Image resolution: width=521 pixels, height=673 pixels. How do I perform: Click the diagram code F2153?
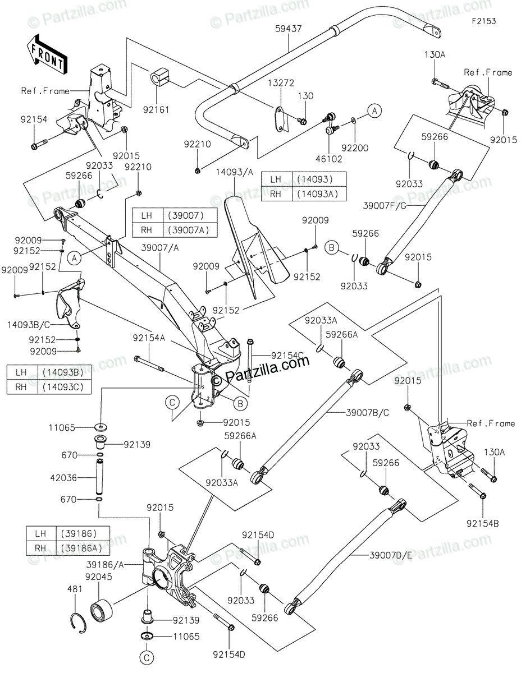(x=483, y=21)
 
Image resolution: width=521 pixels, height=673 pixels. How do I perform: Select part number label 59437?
(x=288, y=29)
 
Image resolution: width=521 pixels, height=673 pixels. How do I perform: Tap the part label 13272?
(x=281, y=83)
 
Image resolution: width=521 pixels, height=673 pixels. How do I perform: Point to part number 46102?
(x=329, y=159)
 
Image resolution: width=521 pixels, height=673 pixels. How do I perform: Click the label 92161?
(x=156, y=109)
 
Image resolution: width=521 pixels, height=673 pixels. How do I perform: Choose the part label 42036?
(x=63, y=478)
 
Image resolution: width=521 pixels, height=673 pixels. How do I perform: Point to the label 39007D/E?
(x=391, y=555)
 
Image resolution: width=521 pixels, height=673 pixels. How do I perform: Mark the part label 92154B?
(x=483, y=523)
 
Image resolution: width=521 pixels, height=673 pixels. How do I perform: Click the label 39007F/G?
(x=385, y=206)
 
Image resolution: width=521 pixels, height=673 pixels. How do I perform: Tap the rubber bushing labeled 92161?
(x=158, y=80)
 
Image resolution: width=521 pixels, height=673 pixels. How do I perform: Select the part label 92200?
(x=355, y=147)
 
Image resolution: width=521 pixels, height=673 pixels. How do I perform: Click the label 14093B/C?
(x=29, y=325)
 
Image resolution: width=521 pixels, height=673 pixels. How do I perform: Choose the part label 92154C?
(x=287, y=356)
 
